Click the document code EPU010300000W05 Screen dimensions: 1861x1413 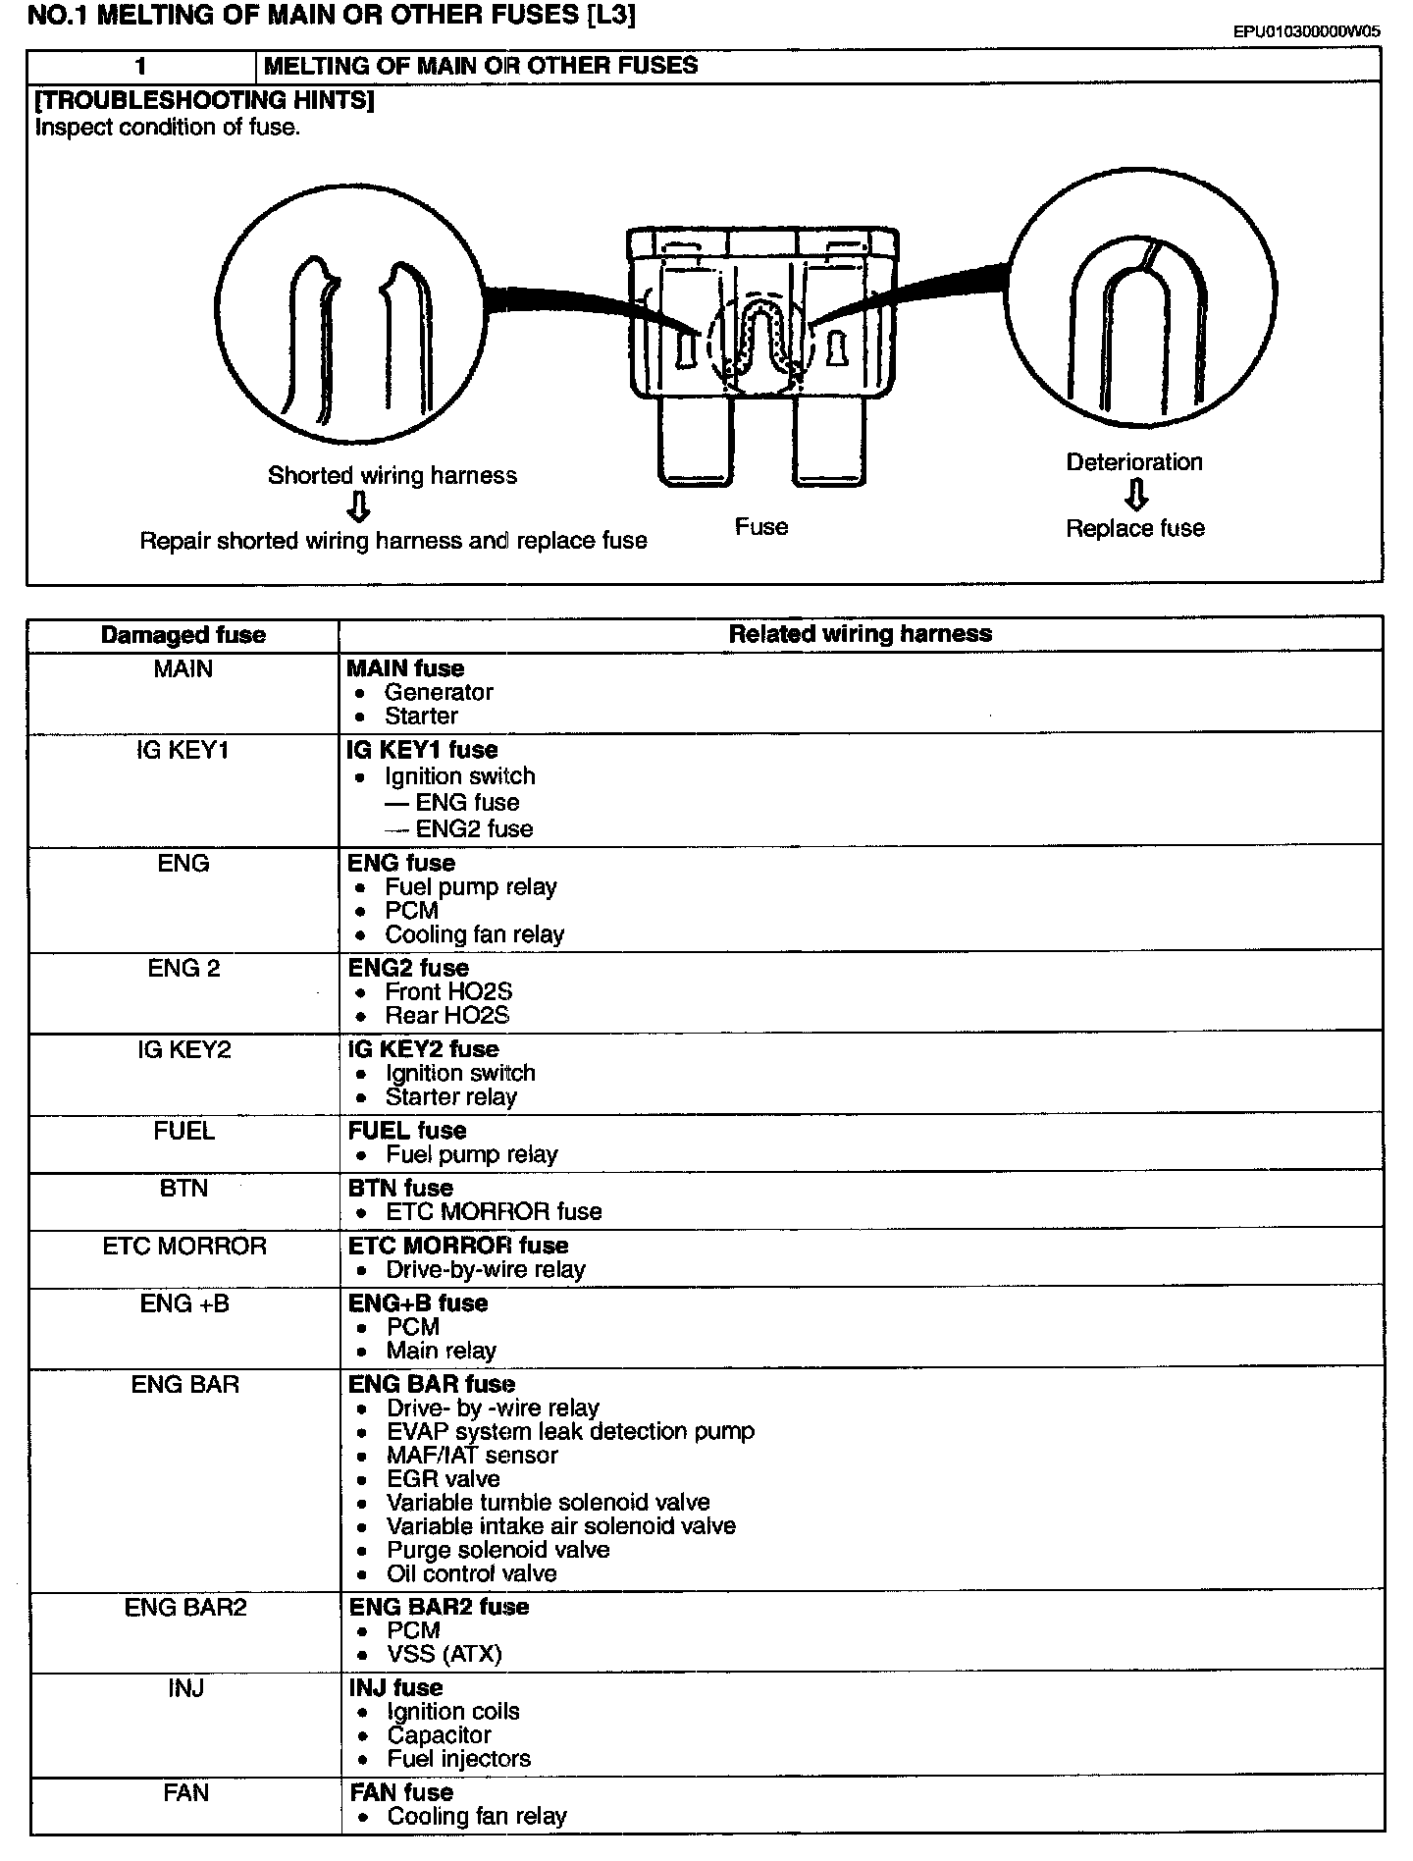coord(1306,31)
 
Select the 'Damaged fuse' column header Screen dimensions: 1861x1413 coord(183,635)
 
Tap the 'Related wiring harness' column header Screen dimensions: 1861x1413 coord(860,634)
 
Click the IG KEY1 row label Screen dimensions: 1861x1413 coord(183,751)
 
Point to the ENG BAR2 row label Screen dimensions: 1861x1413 coord(185,1607)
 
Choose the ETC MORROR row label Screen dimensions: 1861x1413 coord(184,1247)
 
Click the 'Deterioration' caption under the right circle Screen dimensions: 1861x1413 coord(1134,462)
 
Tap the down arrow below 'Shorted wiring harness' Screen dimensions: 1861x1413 coord(359,506)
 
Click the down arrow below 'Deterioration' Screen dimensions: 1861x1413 coord(1135,496)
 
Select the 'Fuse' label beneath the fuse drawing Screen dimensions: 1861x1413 coord(761,527)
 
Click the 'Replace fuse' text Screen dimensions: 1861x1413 coord(1135,529)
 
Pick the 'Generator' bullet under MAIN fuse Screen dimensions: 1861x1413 coord(438,692)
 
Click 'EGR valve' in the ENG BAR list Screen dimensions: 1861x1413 coord(443,1479)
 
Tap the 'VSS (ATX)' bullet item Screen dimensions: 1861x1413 coord(444,1654)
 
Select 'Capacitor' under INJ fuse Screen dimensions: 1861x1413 coord(439,1734)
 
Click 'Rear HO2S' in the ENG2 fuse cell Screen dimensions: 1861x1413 coord(446,1016)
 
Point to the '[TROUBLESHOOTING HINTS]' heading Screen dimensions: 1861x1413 coord(204,101)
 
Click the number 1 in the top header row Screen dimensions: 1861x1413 coord(141,67)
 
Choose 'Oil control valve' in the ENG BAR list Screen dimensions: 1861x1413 coord(471,1573)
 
